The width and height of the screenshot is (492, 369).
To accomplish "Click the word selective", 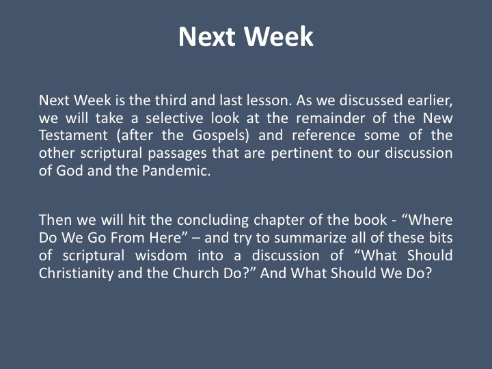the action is click(x=174, y=118).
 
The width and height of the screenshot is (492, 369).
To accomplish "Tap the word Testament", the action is click(x=73, y=135).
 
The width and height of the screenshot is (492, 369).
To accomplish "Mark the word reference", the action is click(x=323, y=135).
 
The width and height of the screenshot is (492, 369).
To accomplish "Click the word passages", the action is click(x=177, y=154).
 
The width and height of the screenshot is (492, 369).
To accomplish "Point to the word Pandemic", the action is click(x=176, y=171).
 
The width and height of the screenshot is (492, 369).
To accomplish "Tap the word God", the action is click(x=70, y=171).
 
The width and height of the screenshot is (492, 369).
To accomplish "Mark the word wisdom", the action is click(x=161, y=256).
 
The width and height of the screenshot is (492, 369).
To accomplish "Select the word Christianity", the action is click(x=77, y=273).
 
